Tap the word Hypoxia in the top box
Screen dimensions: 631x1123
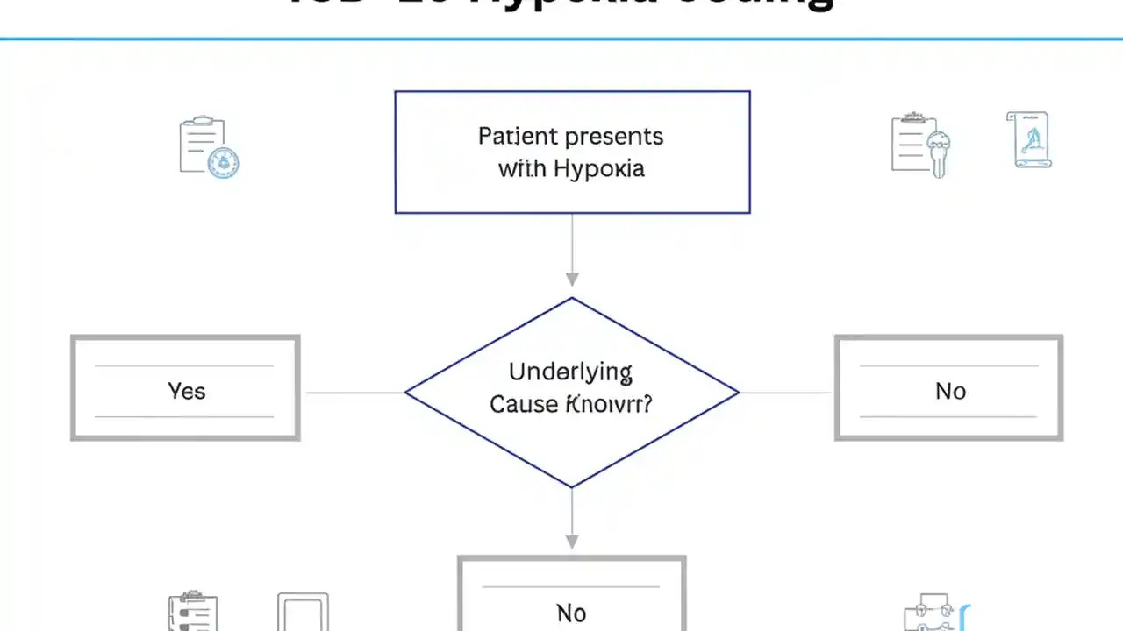point(599,168)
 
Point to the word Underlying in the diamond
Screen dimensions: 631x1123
point(570,372)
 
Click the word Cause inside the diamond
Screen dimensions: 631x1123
point(523,404)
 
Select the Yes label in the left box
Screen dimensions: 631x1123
point(186,390)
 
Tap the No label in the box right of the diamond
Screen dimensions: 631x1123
point(950,390)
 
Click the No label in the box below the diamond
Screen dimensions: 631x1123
point(571,613)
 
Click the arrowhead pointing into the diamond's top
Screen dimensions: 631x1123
point(572,280)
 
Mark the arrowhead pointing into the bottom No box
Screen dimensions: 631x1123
point(572,541)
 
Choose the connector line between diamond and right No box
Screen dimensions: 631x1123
point(786,393)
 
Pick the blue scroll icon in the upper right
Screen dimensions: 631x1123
point(1029,139)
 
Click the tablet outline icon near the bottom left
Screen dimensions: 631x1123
point(303,613)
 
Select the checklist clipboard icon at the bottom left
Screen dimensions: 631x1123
point(192,613)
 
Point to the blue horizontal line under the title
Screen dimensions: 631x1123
point(561,39)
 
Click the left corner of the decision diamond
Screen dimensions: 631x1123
point(406,393)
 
